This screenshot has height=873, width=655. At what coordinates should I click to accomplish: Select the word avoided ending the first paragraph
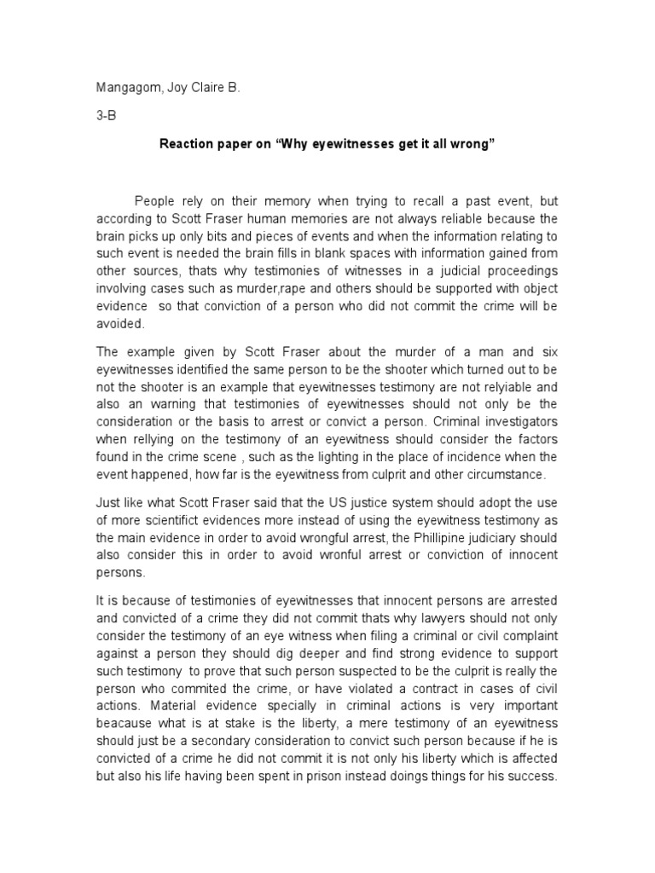coord(121,324)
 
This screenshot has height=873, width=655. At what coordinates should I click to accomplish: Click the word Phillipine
coord(435,539)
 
